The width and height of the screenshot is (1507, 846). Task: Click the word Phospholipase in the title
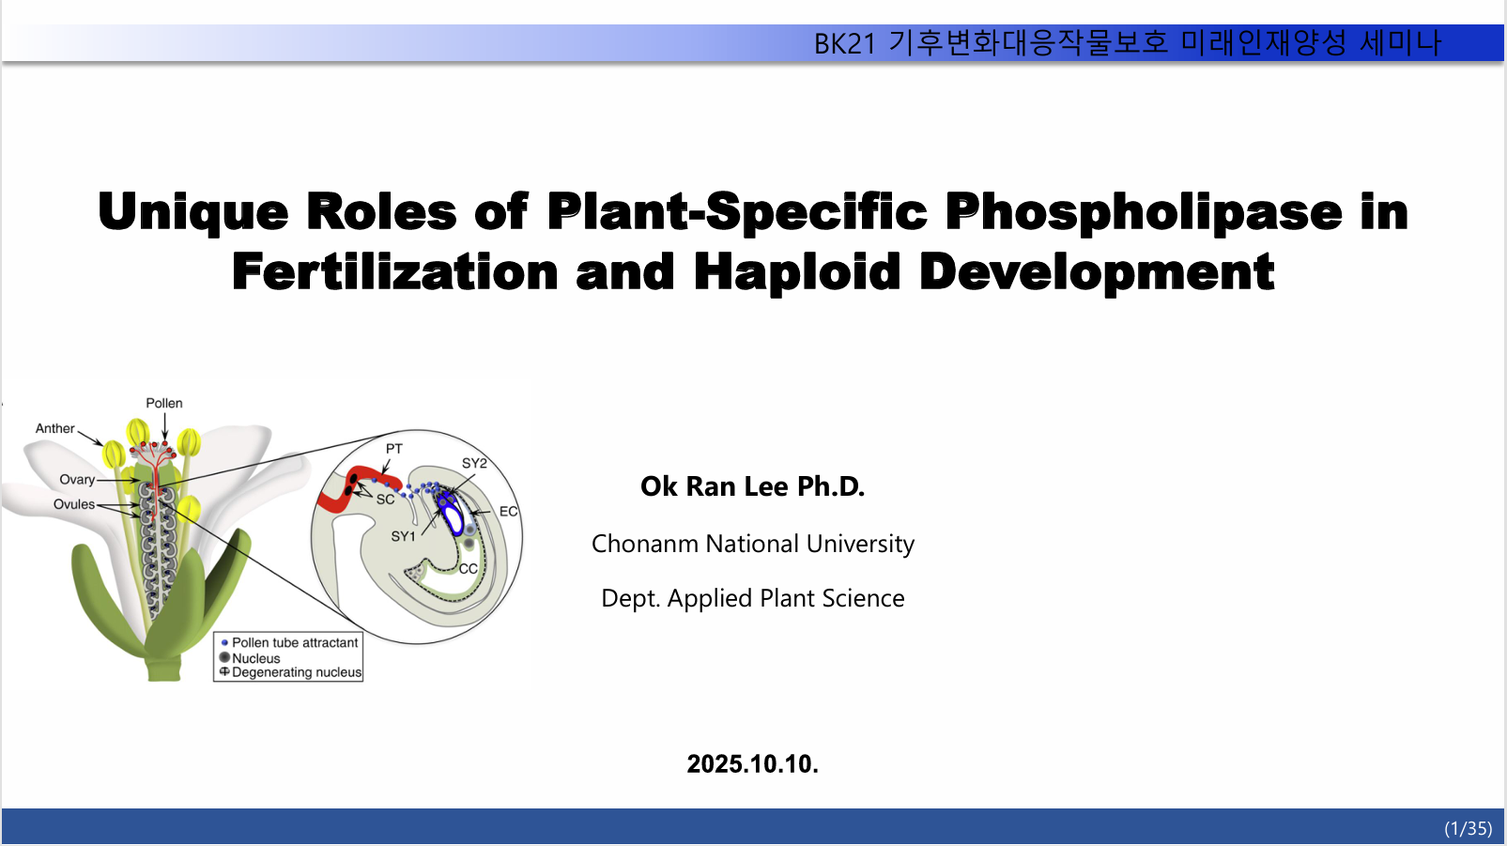coord(1143,212)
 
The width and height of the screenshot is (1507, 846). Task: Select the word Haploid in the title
coord(796,272)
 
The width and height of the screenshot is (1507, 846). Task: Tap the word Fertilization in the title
coord(395,272)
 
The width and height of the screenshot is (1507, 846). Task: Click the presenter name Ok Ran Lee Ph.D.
coord(752,486)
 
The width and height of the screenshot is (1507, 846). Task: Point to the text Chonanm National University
coord(753,544)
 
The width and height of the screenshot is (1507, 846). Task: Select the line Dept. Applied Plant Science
coord(753,598)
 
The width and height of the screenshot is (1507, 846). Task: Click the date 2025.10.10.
coord(752,764)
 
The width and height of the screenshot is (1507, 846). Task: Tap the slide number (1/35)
coord(1468,828)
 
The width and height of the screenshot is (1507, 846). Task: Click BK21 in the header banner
coord(845,44)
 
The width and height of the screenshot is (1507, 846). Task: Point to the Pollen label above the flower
coord(164,403)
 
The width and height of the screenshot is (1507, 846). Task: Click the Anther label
coord(55,429)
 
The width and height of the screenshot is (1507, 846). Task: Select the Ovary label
coord(77,480)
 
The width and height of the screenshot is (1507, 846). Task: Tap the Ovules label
coord(74,505)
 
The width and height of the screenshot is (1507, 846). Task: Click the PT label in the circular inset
coord(394,449)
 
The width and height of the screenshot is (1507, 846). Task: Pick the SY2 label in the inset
coord(474,463)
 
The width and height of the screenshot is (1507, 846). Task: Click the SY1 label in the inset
coord(403,536)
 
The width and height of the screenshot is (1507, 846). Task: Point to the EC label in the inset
coord(509,512)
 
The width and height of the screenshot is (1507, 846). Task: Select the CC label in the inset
coord(469,569)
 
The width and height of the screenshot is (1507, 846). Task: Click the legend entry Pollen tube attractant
coord(295,643)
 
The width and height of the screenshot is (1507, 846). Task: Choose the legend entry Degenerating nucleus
coord(297,672)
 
